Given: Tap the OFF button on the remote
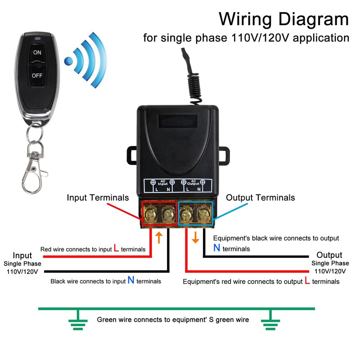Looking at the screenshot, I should point(37,76).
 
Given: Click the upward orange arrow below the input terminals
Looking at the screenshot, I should point(158,237).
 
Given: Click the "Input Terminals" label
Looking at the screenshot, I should point(98,198).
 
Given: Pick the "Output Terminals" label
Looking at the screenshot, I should point(261,198).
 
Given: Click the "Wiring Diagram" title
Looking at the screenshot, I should point(283,19).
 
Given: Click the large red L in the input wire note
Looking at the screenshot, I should point(117,248).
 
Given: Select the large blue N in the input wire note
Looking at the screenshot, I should point(131,280).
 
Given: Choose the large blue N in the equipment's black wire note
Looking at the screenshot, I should point(217,248).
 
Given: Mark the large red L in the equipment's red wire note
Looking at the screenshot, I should point(307,281).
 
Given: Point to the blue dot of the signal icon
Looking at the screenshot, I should point(68,61).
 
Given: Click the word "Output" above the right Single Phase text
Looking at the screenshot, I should point(329,255).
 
